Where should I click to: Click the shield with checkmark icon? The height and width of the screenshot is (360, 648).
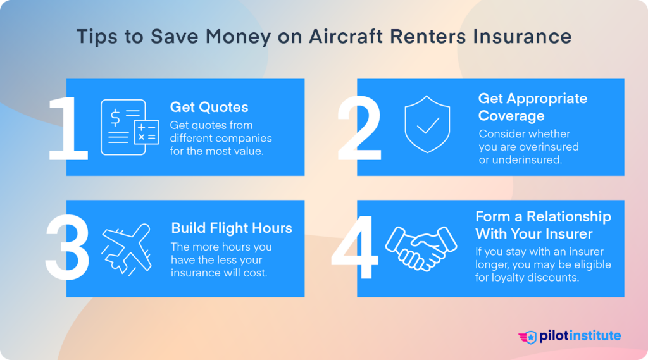427,124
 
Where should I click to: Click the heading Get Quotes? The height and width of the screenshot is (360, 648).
209,108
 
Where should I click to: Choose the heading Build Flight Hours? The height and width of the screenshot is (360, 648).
232,228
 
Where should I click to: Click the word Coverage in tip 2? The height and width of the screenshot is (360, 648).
511,116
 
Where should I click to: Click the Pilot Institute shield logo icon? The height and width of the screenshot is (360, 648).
528,337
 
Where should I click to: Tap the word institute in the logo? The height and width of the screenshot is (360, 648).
593,336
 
